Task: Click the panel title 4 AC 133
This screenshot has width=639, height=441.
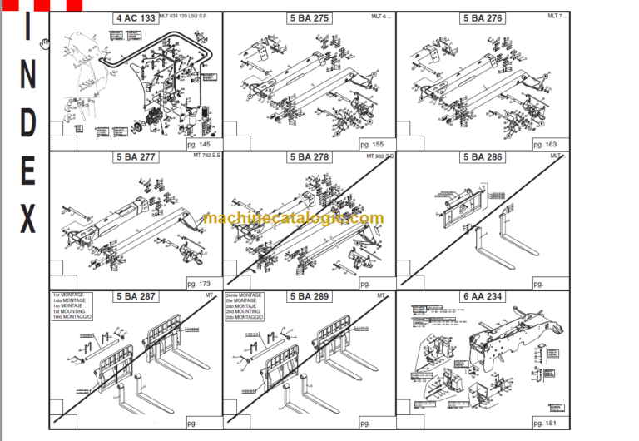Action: click(136, 17)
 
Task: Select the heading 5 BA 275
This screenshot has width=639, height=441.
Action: click(309, 17)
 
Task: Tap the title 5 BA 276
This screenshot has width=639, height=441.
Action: click(483, 17)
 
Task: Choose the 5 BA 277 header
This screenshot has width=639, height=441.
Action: click(136, 156)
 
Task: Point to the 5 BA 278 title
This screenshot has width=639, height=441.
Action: click(309, 156)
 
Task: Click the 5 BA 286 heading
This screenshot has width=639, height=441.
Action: click(483, 156)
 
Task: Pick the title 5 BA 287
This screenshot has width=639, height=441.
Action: click(136, 295)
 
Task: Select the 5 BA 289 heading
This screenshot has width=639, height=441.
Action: click(309, 295)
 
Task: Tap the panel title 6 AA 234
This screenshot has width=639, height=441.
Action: click(483, 295)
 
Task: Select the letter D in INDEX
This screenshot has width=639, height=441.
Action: click(27, 122)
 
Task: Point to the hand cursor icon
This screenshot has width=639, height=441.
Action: click(45, 42)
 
